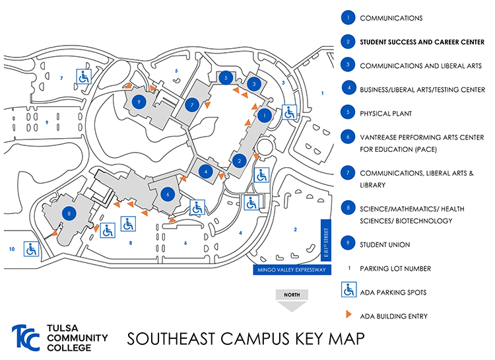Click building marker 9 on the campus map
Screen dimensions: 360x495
[x=138, y=101]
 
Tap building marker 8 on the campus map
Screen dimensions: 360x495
[x=69, y=212]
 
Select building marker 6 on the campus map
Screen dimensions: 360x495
[x=168, y=194]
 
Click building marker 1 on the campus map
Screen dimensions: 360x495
[x=265, y=115]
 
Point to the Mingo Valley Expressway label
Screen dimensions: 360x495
[x=290, y=270]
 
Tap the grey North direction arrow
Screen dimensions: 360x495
[x=291, y=300]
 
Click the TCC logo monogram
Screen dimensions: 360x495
[x=26, y=338]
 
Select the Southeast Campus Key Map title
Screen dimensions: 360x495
[x=244, y=339]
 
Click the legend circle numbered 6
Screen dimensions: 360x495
[x=347, y=137]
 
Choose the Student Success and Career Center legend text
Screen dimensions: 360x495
[x=422, y=42]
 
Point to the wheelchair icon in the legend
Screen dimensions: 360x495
[x=347, y=291]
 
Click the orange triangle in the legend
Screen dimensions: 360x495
[x=347, y=316]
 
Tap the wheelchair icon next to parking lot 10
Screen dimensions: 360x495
[x=30, y=249]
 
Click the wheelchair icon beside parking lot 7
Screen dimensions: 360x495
[x=84, y=77]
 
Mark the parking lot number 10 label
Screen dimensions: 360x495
[x=11, y=248]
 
